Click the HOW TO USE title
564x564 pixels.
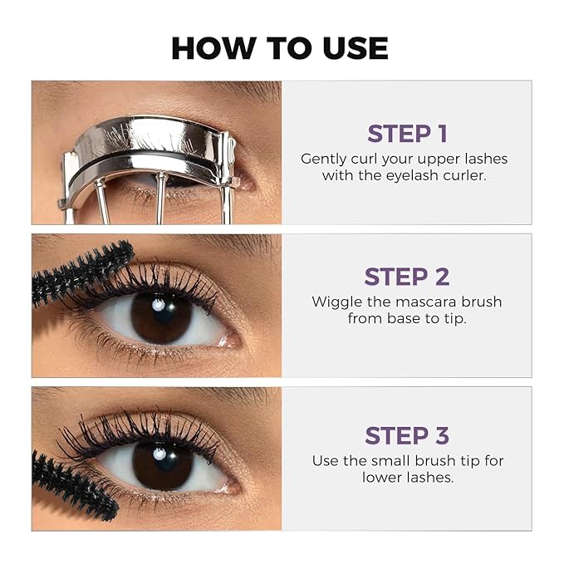pyautogui.click(x=279, y=47)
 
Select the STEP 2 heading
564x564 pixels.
pyautogui.click(x=406, y=277)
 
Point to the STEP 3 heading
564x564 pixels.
pyautogui.click(x=406, y=435)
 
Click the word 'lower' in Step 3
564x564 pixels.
pyautogui.click(x=383, y=478)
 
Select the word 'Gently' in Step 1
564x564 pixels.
pyautogui.click(x=323, y=159)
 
